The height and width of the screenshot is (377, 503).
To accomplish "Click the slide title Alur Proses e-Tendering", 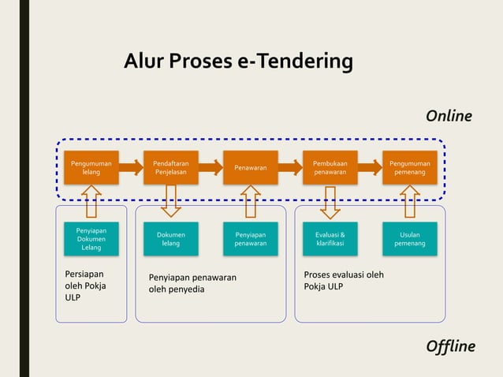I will [238, 62].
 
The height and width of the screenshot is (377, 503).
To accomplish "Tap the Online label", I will [449, 116].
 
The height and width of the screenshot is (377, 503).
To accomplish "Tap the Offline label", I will [450, 346].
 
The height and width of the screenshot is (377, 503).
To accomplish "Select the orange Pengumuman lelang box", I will [91, 167].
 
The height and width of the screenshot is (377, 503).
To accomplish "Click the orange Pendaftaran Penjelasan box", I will [171, 167].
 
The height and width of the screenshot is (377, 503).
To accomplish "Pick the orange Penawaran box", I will [251, 167].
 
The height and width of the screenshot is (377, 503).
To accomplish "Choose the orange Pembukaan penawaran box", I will [330, 167].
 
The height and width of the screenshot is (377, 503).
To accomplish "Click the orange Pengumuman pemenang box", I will [410, 167].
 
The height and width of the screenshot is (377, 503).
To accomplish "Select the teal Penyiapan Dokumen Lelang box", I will [91, 239].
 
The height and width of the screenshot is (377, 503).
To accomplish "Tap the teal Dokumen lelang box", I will [171, 239].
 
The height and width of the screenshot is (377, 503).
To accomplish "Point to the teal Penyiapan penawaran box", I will [251, 239].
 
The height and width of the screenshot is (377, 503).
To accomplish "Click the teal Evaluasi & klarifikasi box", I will [330, 239].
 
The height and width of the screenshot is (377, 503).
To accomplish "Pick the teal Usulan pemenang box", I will [410, 239].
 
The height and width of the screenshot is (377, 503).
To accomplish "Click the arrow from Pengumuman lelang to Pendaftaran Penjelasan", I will [131, 167].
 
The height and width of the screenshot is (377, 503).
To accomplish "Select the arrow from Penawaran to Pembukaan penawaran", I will [290, 167].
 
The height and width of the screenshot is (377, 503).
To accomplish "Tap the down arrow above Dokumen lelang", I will [171, 201].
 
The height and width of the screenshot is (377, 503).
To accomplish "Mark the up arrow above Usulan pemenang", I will [410, 201].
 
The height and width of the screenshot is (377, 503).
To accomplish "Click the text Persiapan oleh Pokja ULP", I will [85, 286].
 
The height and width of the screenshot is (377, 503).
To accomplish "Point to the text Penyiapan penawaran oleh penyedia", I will [192, 283].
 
